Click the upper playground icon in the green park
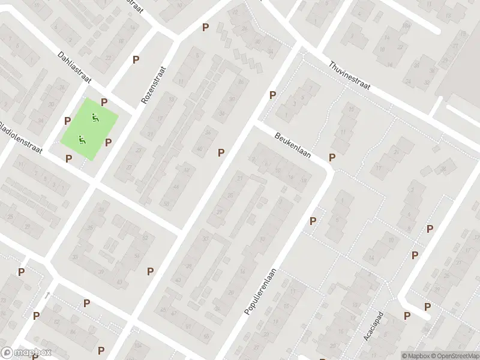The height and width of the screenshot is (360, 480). click(x=94, y=117)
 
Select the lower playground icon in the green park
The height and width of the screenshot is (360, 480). click(x=82, y=140)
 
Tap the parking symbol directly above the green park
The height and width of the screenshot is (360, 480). click(x=104, y=103)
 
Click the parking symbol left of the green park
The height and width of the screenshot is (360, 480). click(x=68, y=121)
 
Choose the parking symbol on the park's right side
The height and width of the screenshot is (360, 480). click(x=109, y=142)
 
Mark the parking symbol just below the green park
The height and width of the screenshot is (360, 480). click(x=68, y=158)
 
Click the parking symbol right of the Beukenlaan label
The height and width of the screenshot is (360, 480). click(x=332, y=158)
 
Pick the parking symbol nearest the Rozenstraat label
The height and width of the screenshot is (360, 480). click(x=136, y=59)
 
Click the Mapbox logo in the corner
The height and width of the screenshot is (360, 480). click(x=26, y=353)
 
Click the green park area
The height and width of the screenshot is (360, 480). click(x=89, y=128)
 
